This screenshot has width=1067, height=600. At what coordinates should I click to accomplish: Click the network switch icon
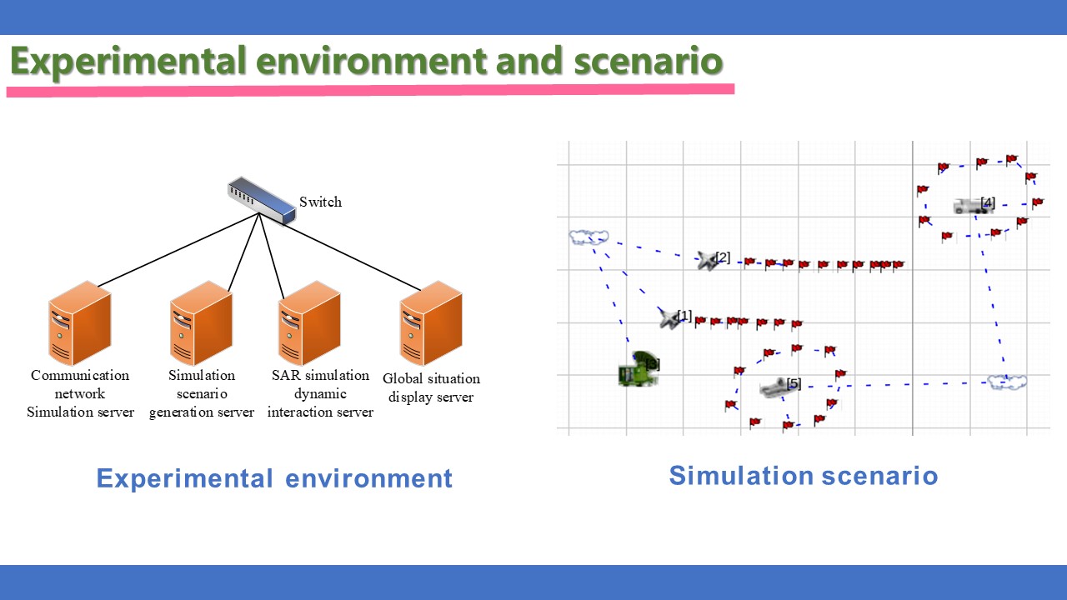tap(262, 201)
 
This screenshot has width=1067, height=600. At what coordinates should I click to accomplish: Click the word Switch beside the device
tap(320, 202)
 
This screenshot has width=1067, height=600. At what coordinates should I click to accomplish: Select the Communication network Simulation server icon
tap(79, 323)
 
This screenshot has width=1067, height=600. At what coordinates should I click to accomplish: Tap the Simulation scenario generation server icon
tap(201, 323)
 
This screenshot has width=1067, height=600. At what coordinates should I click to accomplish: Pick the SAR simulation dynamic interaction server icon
tap(309, 323)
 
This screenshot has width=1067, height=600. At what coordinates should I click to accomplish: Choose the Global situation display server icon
tap(431, 323)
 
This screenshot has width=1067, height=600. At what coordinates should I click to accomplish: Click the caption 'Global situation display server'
tap(431, 387)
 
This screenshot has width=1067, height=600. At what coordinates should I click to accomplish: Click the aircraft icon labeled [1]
tap(669, 318)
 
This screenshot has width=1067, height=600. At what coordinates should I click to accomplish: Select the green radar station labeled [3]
tap(638, 369)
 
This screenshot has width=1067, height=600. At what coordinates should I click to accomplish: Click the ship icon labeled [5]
tap(774, 387)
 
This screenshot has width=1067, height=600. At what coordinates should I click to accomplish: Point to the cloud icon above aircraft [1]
tap(589, 237)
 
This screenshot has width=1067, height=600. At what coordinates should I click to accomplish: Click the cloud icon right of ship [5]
tap(1006, 382)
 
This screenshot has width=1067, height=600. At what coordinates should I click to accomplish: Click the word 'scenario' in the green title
tap(649, 61)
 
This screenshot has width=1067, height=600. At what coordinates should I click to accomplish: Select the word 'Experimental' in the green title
tap(128, 62)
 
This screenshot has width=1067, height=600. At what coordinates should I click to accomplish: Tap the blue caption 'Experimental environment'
tap(274, 478)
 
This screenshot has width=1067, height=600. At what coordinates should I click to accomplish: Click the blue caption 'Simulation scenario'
tap(804, 476)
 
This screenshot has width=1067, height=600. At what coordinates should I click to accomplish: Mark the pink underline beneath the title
tap(370, 90)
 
